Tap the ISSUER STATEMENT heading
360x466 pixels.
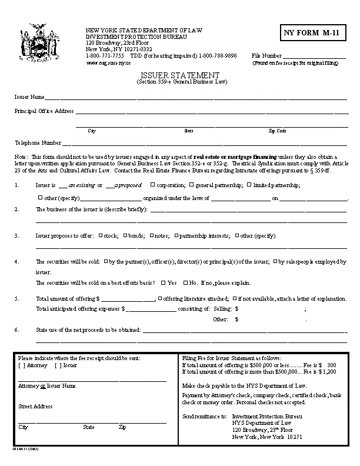tap(181, 75)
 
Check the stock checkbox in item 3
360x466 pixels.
tap(100, 235)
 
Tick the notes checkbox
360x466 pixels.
tap(151, 235)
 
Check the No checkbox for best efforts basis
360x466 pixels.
tap(185, 282)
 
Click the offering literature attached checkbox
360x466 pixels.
tap(160, 298)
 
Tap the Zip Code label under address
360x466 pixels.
tap(277, 131)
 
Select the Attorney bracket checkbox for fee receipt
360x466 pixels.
tap(21, 365)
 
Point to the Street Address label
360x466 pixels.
tap(35, 407)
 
